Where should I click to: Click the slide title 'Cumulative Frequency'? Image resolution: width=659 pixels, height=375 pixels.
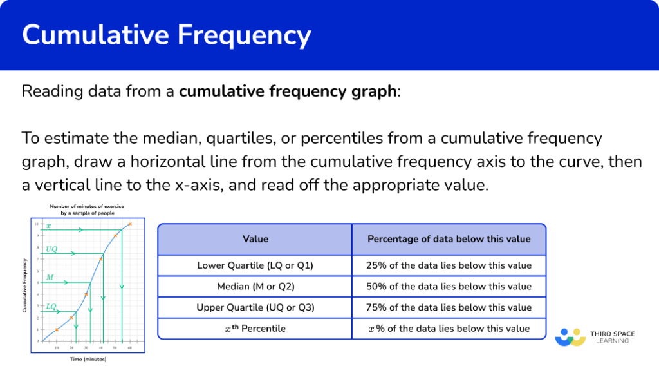[167, 35]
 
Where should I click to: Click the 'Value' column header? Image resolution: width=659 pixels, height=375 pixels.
[255, 239]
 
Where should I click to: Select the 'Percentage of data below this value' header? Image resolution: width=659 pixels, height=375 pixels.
[449, 239]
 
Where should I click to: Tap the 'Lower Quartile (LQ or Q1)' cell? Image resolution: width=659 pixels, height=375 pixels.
[255, 265]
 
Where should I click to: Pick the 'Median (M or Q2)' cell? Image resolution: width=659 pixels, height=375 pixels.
[255, 286]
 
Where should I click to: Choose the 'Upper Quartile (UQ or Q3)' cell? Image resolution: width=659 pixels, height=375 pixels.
[255, 307]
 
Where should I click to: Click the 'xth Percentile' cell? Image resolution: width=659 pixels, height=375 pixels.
[255, 329]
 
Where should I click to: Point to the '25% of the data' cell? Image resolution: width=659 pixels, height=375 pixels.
[449, 265]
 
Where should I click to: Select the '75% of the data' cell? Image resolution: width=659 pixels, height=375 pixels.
[449, 307]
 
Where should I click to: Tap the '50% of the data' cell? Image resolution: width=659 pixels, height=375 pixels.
[449, 286]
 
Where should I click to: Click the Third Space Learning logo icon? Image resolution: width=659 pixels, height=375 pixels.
[570, 336]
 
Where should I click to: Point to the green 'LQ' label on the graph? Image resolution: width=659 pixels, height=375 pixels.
[51, 306]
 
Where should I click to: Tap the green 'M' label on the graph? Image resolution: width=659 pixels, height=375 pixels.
[50, 278]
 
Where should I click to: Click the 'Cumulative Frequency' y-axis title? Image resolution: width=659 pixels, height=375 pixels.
[24, 285]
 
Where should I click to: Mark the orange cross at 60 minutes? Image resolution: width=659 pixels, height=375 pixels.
[129, 224]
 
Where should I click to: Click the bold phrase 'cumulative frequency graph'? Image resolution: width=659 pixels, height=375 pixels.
[288, 91]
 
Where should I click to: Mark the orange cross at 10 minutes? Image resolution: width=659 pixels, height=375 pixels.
[57, 329]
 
